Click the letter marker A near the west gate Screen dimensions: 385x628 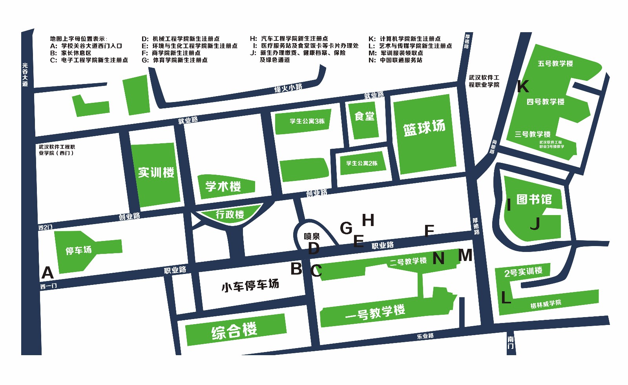47,272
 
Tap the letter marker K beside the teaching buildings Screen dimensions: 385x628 523,86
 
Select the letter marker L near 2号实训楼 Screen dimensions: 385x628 506,298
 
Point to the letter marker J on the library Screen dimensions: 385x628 535,224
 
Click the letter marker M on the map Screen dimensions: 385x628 466,255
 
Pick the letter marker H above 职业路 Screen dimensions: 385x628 368,220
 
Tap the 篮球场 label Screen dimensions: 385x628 424,128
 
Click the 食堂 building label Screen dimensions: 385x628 364,116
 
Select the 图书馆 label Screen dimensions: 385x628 534,199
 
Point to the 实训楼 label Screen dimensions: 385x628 156,172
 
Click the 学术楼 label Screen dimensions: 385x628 223,186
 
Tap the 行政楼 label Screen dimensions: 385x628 230,214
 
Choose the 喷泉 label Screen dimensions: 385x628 312,236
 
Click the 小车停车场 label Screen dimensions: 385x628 250,285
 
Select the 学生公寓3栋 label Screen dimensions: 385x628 307,121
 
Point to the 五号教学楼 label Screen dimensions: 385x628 555,64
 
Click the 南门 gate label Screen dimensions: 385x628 510,342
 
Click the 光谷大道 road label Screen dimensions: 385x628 25,75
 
